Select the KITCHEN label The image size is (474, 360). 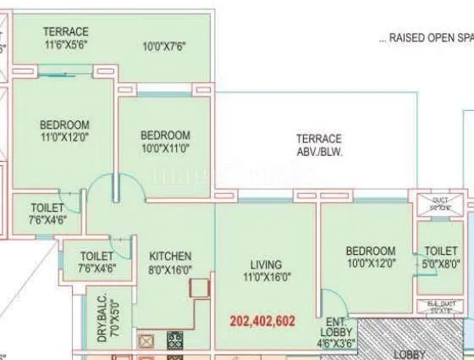click(170, 256)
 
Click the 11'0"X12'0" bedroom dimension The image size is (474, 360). click(64, 137)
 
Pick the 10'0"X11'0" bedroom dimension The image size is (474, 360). click(165, 148)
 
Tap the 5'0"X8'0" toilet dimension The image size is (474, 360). click(441, 263)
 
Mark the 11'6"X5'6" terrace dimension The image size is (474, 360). click(66, 45)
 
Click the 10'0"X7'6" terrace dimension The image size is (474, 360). click(168, 45)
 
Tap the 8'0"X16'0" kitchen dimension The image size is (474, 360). click(171, 269)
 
